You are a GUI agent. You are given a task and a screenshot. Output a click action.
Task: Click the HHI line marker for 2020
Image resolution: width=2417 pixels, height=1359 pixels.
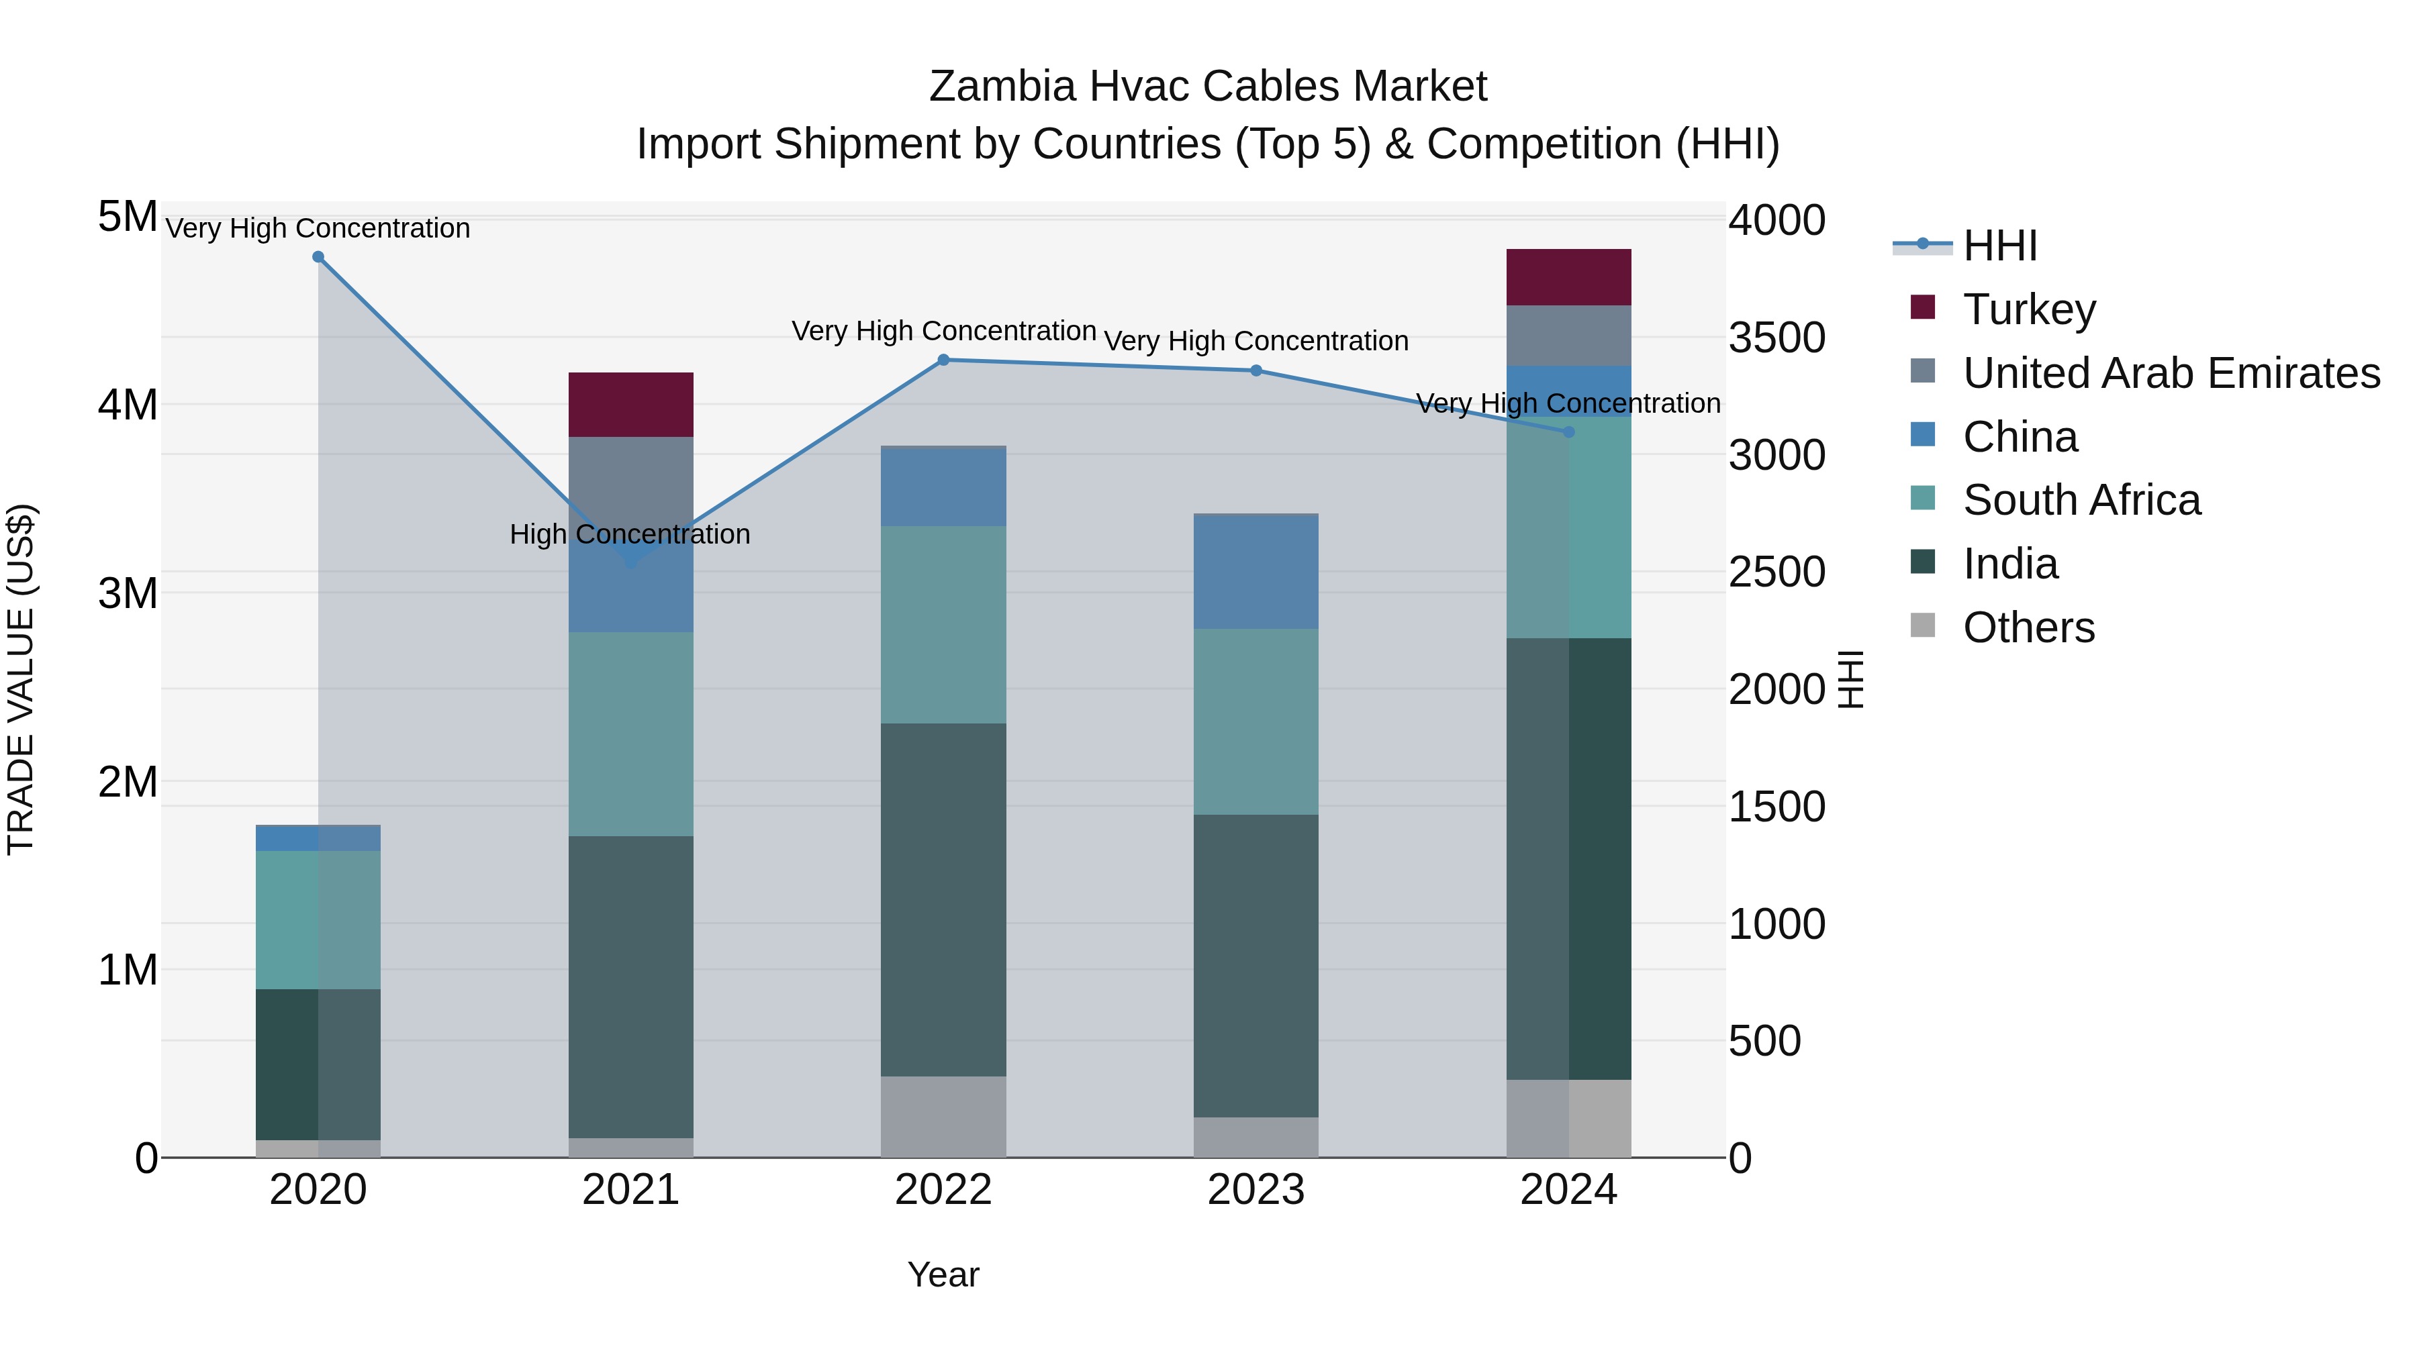click(318, 257)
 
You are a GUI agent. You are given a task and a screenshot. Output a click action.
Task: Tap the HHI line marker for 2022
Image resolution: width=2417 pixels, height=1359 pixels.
click(944, 359)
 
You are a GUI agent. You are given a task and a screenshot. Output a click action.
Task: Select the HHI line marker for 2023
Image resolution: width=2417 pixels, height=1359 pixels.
click(1256, 370)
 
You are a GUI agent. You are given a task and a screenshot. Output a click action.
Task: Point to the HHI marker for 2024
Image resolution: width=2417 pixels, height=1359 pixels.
click(1569, 432)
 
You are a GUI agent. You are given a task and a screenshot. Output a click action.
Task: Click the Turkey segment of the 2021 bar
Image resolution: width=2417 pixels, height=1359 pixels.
click(630, 404)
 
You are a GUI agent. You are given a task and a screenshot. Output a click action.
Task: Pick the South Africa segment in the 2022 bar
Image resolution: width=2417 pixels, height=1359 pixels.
click(944, 625)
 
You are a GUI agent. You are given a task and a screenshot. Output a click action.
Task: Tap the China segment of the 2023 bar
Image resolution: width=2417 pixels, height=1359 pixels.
click(1256, 572)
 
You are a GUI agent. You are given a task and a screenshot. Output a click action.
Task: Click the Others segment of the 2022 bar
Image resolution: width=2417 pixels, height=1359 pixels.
click(944, 1116)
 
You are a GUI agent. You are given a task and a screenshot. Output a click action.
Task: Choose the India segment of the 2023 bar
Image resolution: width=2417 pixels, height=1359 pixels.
click(1256, 965)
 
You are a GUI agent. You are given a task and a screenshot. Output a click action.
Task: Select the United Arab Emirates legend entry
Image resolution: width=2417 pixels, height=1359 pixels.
click(2171, 373)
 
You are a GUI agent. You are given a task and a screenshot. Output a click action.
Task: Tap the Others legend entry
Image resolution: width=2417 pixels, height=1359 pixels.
click(2028, 627)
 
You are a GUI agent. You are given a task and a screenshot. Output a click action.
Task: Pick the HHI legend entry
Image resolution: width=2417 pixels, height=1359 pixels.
click(1999, 246)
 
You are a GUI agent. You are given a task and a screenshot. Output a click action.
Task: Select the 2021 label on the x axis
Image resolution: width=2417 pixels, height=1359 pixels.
click(630, 1190)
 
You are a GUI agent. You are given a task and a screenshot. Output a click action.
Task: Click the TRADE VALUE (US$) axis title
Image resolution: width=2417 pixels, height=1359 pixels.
click(21, 679)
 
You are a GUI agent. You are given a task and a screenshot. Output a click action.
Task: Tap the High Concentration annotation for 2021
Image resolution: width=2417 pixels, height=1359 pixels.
click(630, 535)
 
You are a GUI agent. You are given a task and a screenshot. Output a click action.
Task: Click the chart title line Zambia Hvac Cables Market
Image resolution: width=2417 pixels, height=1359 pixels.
click(1208, 87)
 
